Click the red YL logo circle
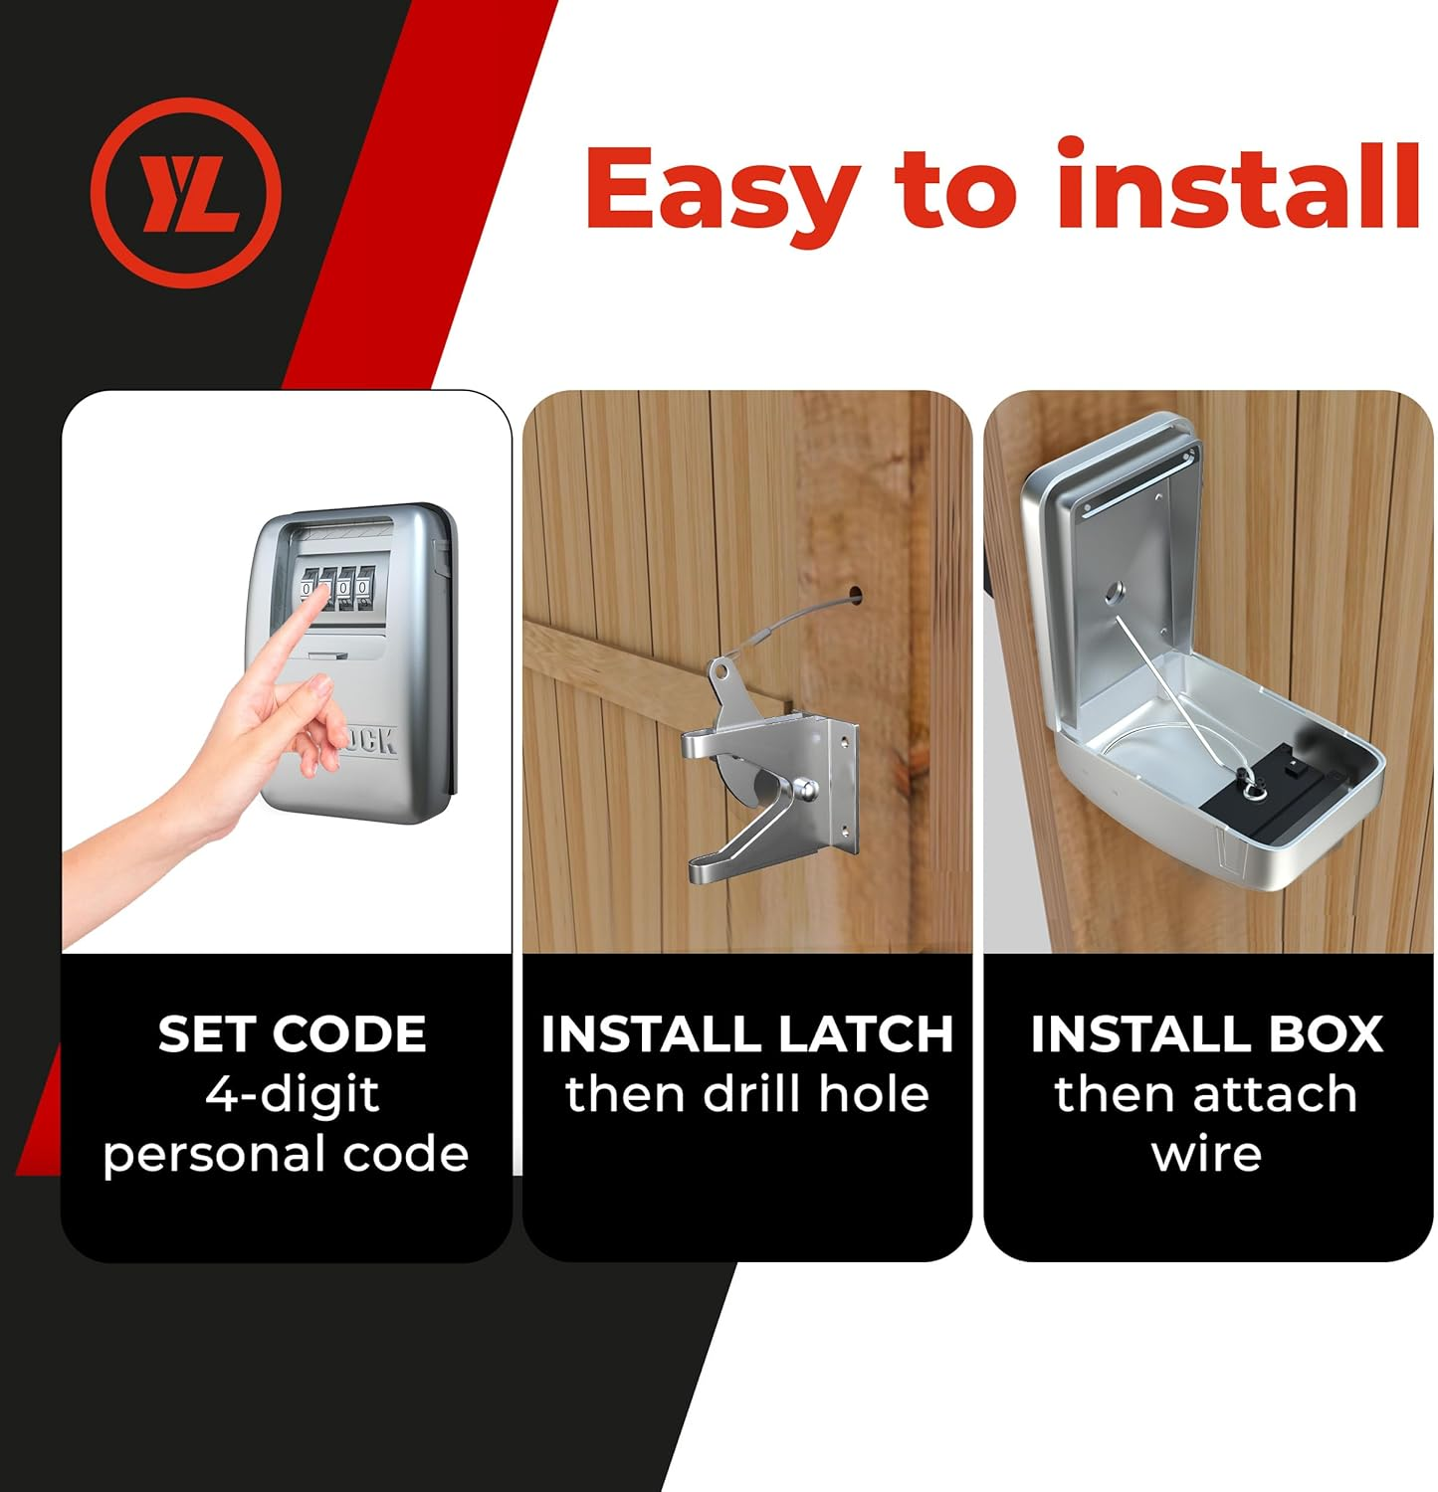tap(186, 192)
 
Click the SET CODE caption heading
tap(292, 1034)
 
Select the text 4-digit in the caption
tap(292, 1095)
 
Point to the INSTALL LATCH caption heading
tap(746, 1034)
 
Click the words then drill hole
tap(746, 1094)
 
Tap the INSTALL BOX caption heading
tap(1206, 1034)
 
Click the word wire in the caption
tap(1206, 1155)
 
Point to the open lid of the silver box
tap(1105, 557)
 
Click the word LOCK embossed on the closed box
tap(368, 741)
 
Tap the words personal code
tap(286, 1155)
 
